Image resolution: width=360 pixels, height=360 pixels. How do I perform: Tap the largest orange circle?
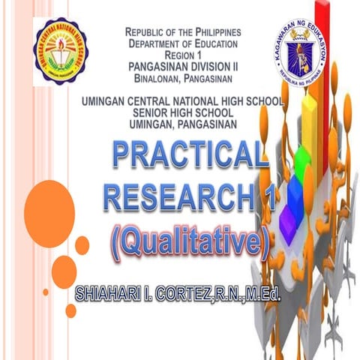(x=48, y=203)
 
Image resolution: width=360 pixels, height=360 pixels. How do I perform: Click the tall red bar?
(x=325, y=67)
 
